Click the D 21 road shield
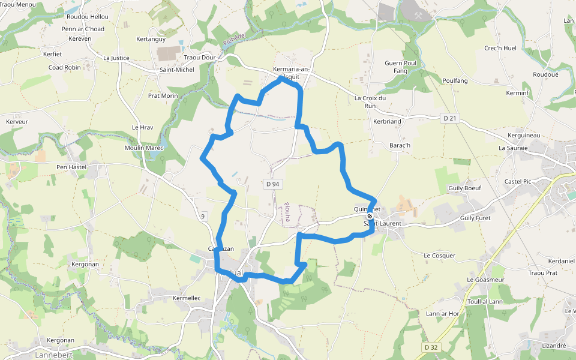click(449, 118)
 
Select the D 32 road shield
click(430, 347)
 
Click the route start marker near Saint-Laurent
click(370, 217)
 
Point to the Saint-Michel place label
click(176, 70)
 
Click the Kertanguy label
click(151, 39)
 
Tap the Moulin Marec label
click(143, 148)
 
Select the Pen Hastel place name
click(71, 167)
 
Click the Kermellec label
click(187, 298)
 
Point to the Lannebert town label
click(53, 355)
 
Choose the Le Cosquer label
click(439, 256)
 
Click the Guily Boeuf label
click(464, 188)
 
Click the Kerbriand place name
click(387, 121)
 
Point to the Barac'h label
click(400, 145)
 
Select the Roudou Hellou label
click(88, 17)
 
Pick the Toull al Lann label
click(485, 301)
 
